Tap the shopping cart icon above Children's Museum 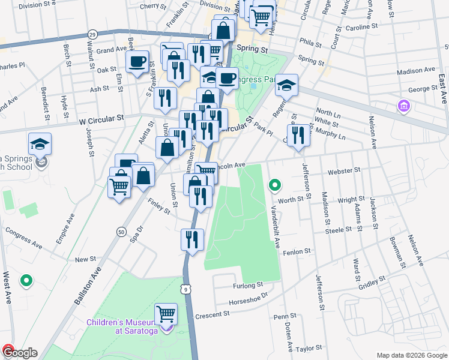pos(166,314)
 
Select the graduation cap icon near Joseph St pos(40,144)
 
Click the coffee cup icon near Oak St pos(137,61)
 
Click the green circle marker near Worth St pos(275,185)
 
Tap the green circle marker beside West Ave pos(26,280)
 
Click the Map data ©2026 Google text pos(411,355)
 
